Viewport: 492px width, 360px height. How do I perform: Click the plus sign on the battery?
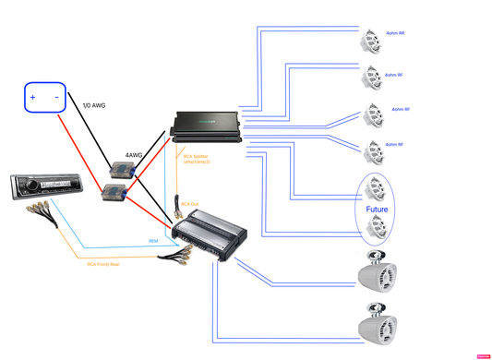tap(33, 97)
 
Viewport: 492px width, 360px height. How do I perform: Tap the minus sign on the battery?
tap(56, 97)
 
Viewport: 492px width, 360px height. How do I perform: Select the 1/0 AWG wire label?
tap(95, 105)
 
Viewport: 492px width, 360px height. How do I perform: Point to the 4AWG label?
tap(134, 155)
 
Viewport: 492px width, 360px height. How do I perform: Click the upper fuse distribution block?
tap(122, 170)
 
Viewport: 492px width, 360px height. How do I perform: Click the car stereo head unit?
tap(46, 187)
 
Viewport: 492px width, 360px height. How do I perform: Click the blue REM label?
tap(153, 241)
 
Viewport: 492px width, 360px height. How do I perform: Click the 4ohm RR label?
tap(394, 33)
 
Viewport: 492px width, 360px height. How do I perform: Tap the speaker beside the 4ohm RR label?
tap(371, 41)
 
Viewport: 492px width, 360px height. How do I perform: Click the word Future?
tap(377, 210)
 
